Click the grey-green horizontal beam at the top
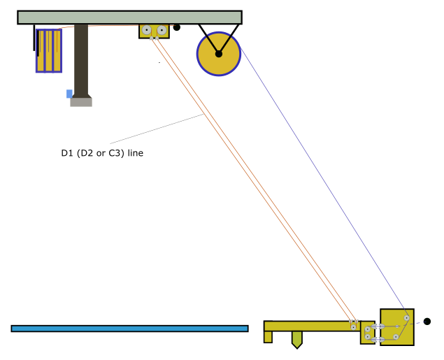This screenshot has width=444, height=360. pyautogui.click(x=129, y=17)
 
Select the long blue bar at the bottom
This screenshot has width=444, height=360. pyautogui.click(x=129, y=329)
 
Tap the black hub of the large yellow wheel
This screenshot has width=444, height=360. pyautogui.click(x=219, y=54)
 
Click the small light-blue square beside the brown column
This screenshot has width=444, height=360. pyautogui.click(x=69, y=94)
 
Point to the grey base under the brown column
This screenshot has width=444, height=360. pyautogui.click(x=81, y=102)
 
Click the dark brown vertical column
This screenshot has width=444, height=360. pyautogui.click(x=81, y=61)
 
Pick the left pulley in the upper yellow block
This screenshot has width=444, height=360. pyautogui.click(x=146, y=30)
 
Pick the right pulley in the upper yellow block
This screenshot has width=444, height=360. pyautogui.click(x=162, y=30)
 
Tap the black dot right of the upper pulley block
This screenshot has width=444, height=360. pyautogui.click(x=177, y=27)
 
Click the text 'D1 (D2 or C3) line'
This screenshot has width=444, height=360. pyautogui.click(x=102, y=153)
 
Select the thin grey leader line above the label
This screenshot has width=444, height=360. pyautogui.click(x=157, y=129)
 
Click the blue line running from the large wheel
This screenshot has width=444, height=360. pyautogui.click(x=323, y=183)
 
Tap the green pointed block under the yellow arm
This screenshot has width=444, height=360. pyautogui.click(x=297, y=340)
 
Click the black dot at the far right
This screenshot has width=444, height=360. pyautogui.click(x=427, y=322)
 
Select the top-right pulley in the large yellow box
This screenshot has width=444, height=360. pyautogui.click(x=406, y=318)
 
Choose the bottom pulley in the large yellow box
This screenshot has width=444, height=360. pyautogui.click(x=396, y=337)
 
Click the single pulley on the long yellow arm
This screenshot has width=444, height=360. pyautogui.click(x=353, y=327)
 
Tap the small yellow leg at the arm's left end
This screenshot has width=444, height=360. pyautogui.click(x=268, y=337)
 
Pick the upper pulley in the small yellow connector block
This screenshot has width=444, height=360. pyautogui.click(x=367, y=329)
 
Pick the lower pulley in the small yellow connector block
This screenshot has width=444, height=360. pyautogui.click(x=367, y=337)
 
